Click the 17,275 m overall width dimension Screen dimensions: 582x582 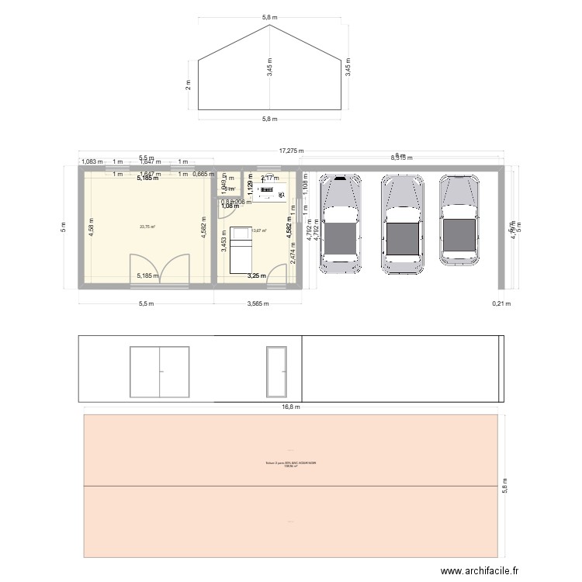[292, 151]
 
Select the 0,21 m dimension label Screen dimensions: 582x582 [502, 304]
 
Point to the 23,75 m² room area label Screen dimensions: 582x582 [147, 227]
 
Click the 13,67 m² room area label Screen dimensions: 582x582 [258, 230]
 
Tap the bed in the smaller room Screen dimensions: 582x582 [241, 249]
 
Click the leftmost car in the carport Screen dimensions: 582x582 [341, 223]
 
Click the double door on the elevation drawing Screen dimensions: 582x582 [160, 371]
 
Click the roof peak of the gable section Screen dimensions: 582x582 [269, 26]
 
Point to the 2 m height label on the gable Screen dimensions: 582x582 [188, 85]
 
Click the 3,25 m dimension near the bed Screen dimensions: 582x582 [257, 275]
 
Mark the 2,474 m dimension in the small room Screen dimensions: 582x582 [293, 255]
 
